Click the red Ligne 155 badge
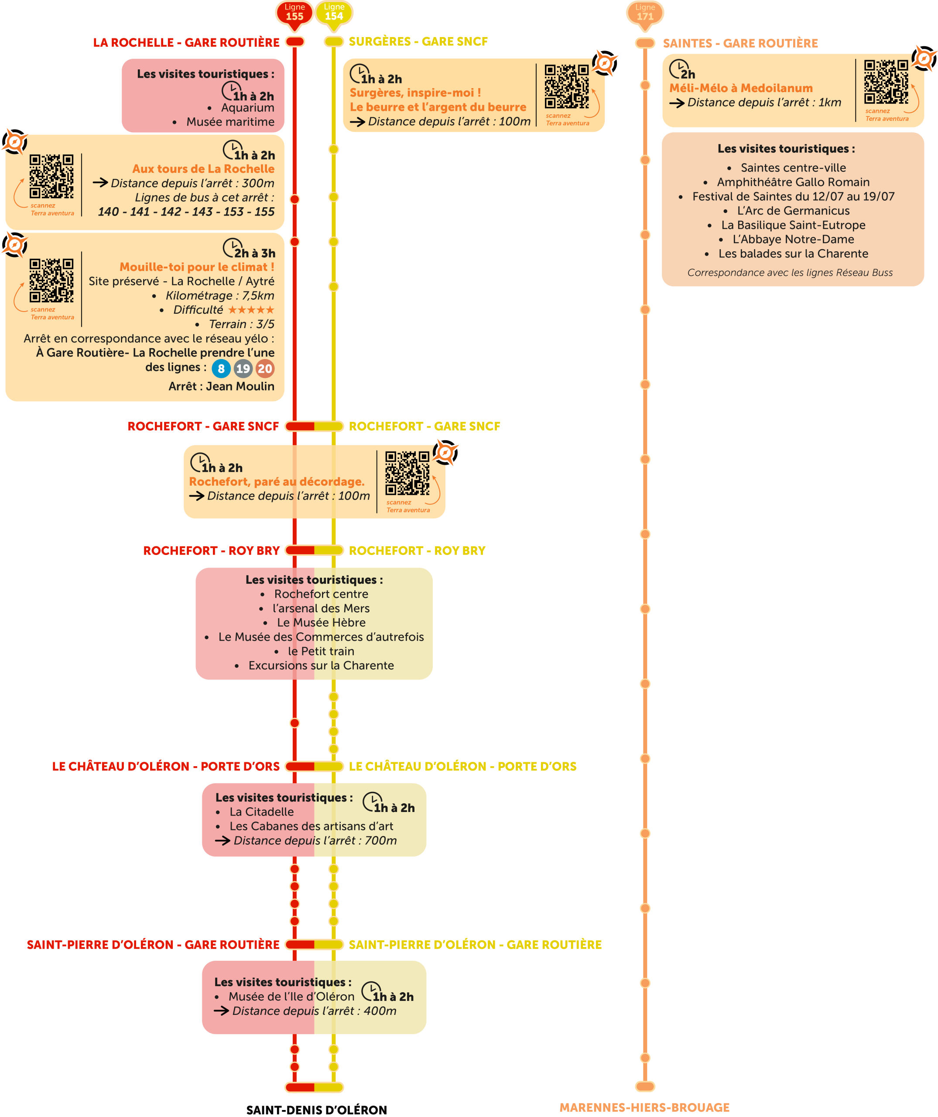(x=294, y=12)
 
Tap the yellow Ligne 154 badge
(x=334, y=12)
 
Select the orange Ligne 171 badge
(x=645, y=12)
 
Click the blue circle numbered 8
(x=221, y=369)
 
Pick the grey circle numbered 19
(x=243, y=369)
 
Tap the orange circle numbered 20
(x=265, y=369)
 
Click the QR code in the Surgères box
(x=567, y=87)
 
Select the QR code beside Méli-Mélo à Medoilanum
(x=886, y=82)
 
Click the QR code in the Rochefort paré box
(x=407, y=473)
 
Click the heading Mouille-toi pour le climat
(x=197, y=267)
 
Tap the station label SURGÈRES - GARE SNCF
(x=418, y=41)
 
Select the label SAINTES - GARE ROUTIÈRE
(x=740, y=43)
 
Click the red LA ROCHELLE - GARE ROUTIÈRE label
(x=186, y=43)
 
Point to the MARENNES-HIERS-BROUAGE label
(x=644, y=1107)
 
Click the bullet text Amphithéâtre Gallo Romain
(x=793, y=182)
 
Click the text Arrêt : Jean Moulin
(x=221, y=387)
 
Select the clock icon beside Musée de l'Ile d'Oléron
(x=371, y=991)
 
